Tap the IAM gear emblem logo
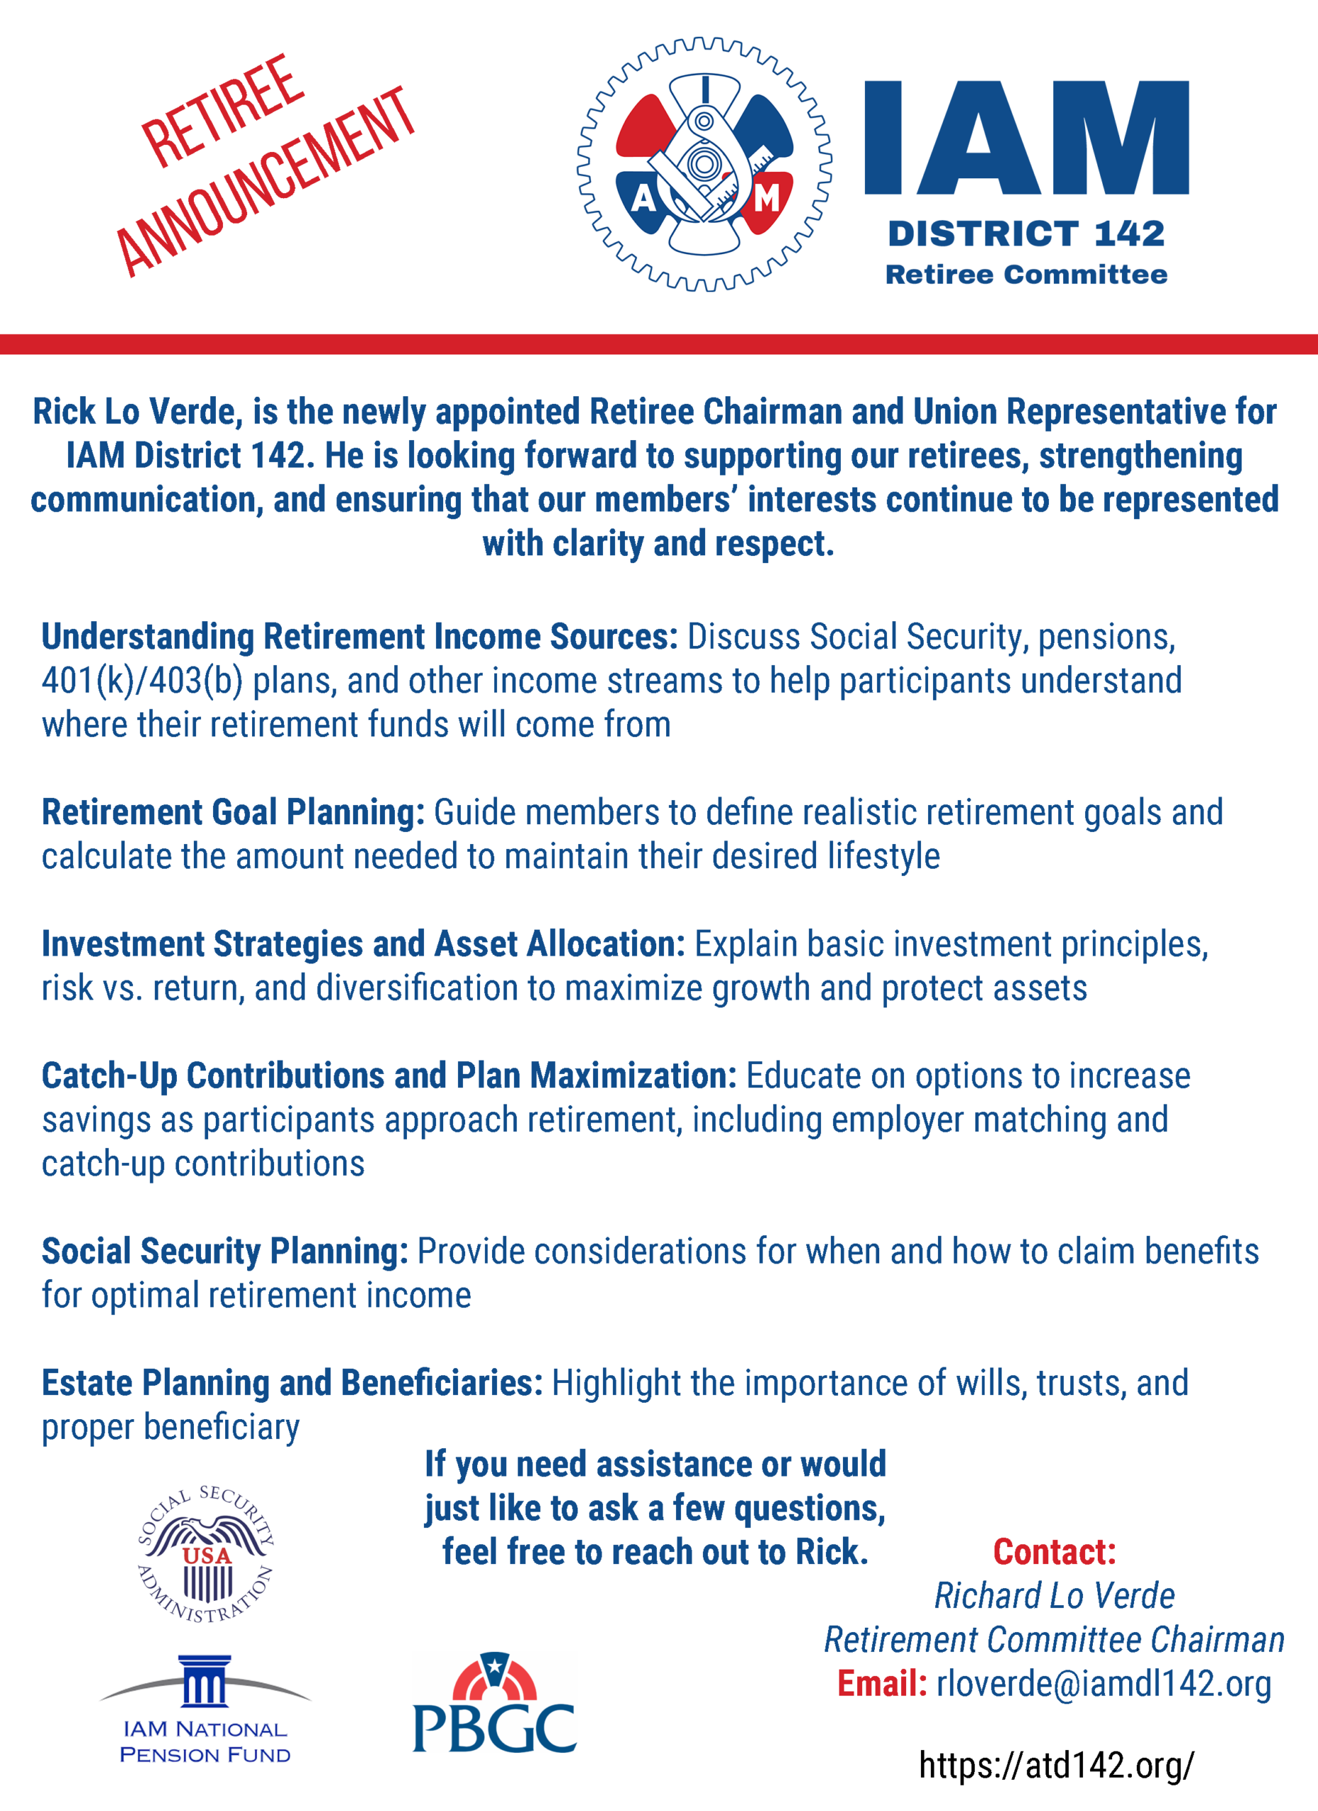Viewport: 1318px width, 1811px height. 704,163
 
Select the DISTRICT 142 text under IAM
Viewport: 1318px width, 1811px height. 1026,234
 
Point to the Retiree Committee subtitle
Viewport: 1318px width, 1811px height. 1026,274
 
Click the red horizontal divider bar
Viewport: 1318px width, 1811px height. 659,344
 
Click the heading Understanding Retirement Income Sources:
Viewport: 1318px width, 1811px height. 360,637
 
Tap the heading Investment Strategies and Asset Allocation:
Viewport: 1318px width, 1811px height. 363,944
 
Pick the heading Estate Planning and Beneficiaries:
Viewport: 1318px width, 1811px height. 292,1384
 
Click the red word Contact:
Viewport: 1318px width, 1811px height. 1055,1552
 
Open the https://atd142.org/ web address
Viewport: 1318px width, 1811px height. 1056,1765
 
